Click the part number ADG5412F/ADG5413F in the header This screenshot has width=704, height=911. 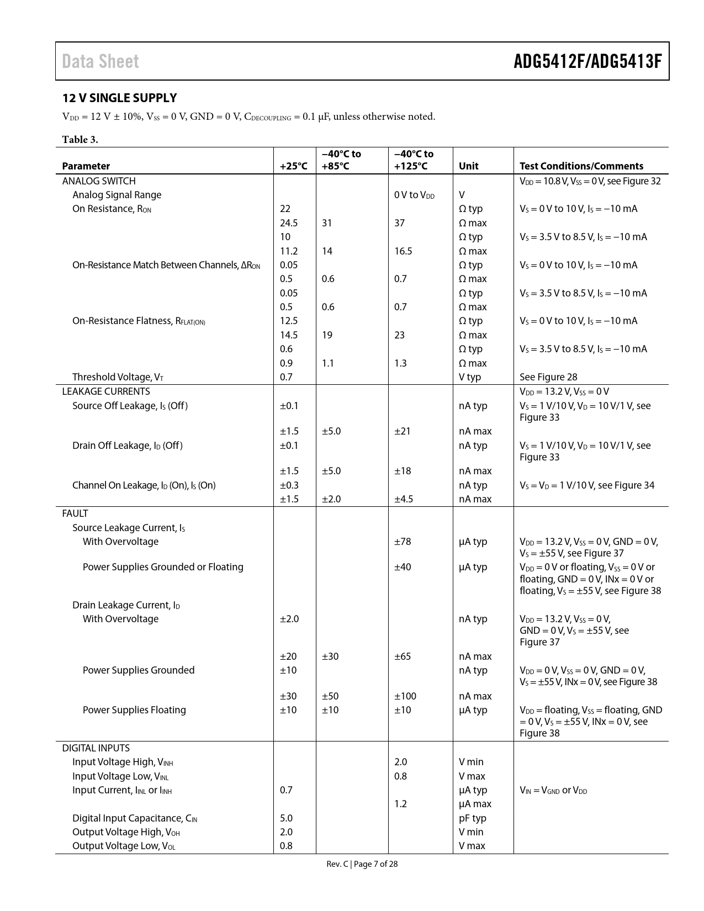[x=587, y=61]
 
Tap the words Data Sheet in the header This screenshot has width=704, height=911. [x=100, y=61]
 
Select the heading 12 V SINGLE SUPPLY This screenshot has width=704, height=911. [x=119, y=98]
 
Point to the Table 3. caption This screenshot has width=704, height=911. [x=80, y=139]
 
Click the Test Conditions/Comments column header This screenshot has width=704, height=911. [x=581, y=166]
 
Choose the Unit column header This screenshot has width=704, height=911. [x=468, y=166]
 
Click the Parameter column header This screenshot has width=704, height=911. [x=86, y=166]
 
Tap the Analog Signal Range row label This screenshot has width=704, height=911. [x=117, y=195]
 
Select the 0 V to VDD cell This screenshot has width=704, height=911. [x=414, y=195]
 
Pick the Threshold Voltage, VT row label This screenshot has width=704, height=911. [x=118, y=377]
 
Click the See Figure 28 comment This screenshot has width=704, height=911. [x=548, y=377]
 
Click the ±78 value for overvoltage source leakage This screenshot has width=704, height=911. [x=402, y=542]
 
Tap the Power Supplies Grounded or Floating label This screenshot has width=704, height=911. [x=163, y=567]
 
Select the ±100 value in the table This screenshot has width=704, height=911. [x=405, y=696]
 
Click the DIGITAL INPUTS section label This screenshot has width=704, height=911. [x=96, y=748]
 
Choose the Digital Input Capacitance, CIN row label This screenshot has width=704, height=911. [x=135, y=818]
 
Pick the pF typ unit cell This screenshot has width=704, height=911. [x=472, y=818]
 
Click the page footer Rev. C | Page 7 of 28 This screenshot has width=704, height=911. [x=362, y=864]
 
